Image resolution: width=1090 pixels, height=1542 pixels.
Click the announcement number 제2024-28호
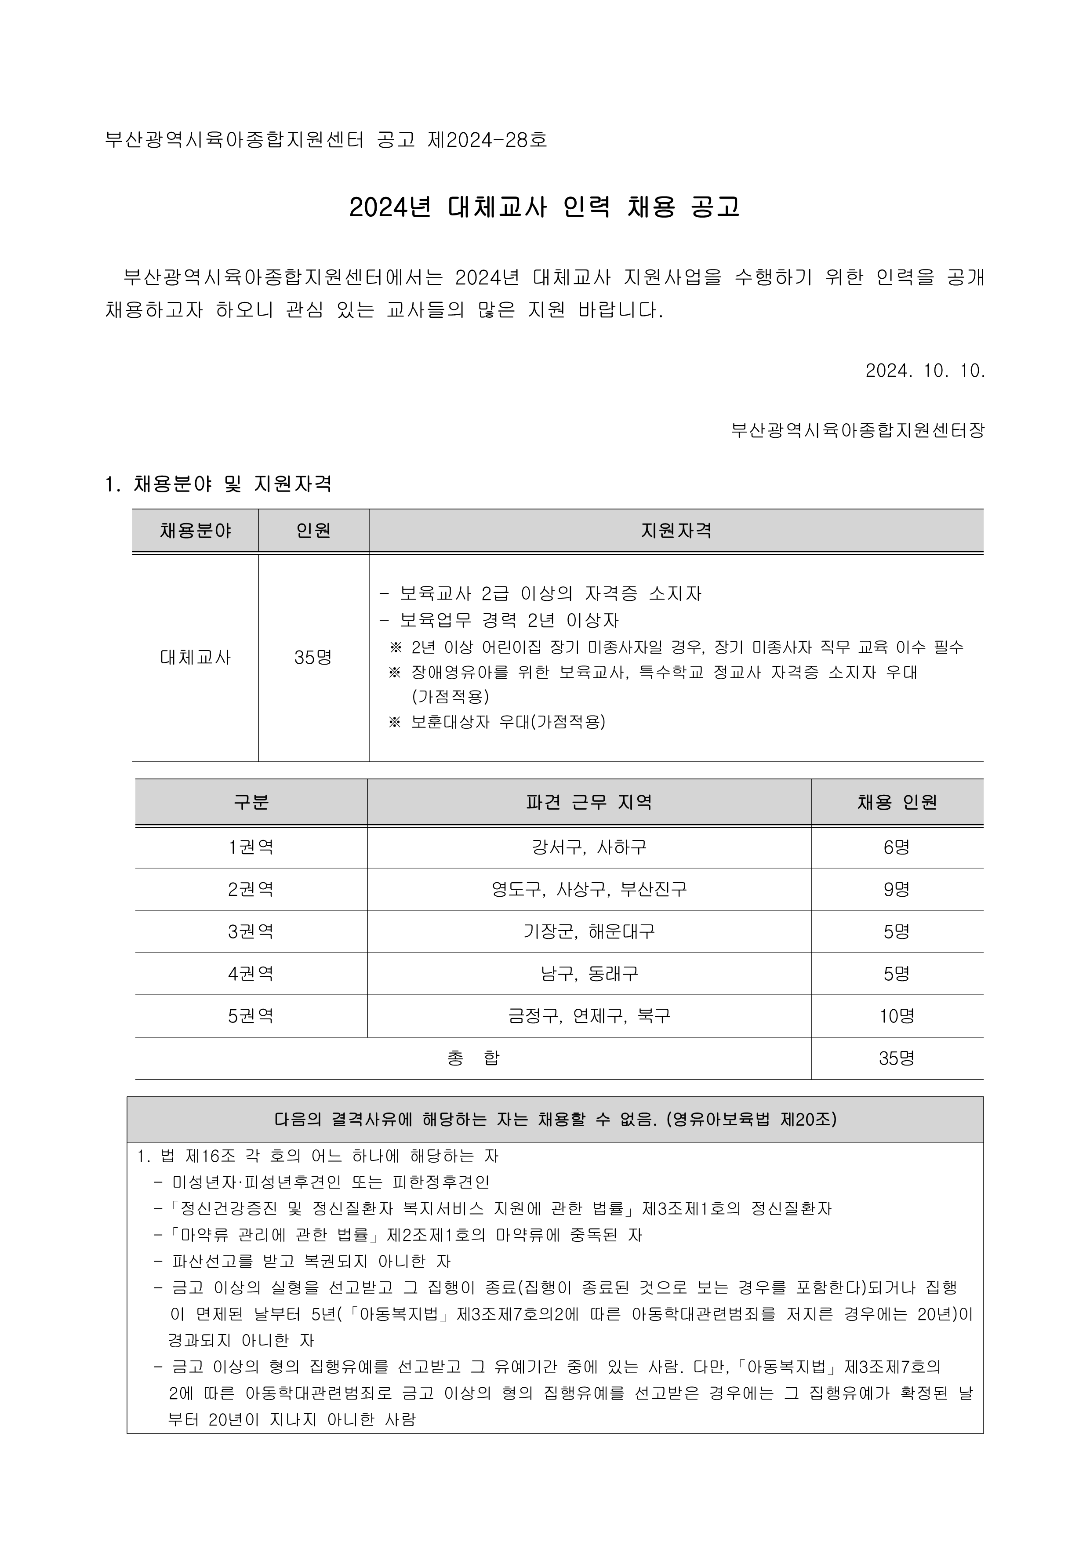pos(487,140)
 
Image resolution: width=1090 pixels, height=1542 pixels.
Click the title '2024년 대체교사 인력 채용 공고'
pos(544,207)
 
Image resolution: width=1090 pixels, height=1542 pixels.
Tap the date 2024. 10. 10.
pos(925,371)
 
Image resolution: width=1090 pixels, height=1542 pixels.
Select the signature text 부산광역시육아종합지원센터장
pos(857,430)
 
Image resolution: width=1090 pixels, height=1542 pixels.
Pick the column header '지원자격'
pos(676,531)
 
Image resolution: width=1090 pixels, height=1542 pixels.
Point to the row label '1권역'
pos(251,847)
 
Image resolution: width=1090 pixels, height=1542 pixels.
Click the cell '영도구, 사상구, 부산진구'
pos(589,890)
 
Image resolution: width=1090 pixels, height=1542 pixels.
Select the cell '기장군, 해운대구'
pos(589,931)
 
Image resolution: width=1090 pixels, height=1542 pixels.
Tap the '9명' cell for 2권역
pos(897,890)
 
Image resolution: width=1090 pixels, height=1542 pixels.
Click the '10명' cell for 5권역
pos(897,1016)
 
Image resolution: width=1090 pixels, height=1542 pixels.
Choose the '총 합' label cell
pos(473,1058)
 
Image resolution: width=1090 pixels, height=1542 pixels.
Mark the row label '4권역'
pos(251,974)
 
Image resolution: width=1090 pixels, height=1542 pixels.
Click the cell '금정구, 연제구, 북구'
pos(589,1016)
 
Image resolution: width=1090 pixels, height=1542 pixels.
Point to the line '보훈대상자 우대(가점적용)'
pos(508,722)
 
